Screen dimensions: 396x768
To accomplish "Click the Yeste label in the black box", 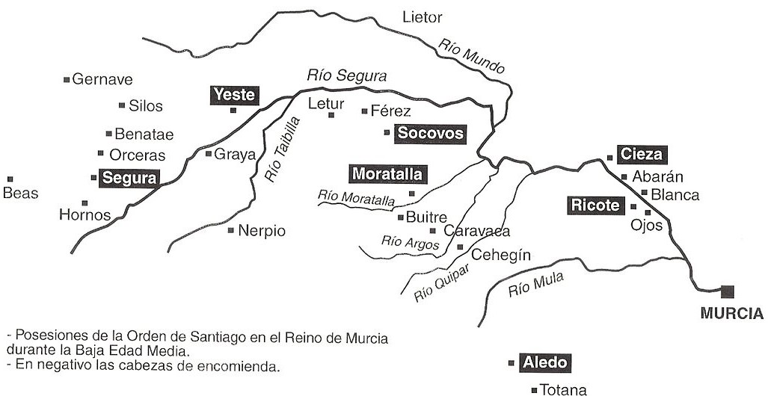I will pos(234,95).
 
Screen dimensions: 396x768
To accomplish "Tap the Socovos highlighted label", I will pos(431,134).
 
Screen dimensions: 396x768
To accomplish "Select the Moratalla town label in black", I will pos(387,175).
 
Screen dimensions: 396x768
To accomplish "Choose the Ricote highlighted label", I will pos(596,205).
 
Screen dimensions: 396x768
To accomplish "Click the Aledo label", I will pos(545,363).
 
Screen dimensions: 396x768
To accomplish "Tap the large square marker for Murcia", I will pos(727,292).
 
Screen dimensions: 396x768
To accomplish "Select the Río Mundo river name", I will pos(472,56).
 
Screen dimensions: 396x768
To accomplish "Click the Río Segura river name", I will pos(347,76).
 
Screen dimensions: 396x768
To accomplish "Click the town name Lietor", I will pos(423,16).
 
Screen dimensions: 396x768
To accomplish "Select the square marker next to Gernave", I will pos(67,79).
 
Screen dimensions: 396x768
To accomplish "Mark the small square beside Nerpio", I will pos(231,230).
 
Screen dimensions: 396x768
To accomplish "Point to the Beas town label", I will pos(20,194).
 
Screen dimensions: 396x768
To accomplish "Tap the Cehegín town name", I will pos(501,255).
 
